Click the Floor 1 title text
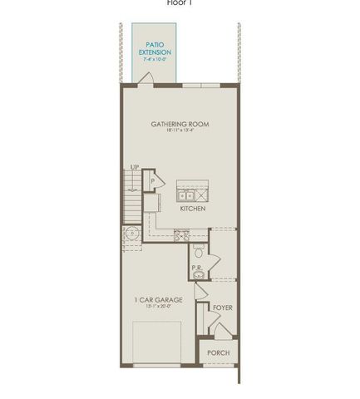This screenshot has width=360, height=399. point(180,2)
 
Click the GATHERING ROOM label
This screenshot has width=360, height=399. point(180,125)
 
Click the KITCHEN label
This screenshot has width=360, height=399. point(192,209)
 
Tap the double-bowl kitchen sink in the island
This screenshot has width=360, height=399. point(191,196)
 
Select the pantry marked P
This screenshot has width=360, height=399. point(153,181)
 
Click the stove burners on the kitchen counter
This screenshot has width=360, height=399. point(180,235)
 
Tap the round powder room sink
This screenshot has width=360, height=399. point(199,277)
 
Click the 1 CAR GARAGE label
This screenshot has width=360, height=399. point(157,300)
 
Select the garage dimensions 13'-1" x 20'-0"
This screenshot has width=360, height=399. point(157,308)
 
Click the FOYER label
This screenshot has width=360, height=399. point(221,308)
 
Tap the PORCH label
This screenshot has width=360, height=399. point(219,352)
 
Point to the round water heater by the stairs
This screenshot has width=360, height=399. point(132,234)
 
